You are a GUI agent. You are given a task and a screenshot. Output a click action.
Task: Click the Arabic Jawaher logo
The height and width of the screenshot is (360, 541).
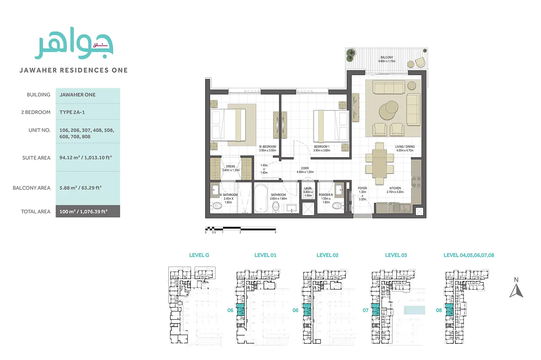74,44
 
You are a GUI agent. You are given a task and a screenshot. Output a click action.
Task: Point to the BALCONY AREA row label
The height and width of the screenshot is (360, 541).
32,188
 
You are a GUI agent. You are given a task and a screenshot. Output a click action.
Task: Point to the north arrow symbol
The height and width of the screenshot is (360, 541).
516,290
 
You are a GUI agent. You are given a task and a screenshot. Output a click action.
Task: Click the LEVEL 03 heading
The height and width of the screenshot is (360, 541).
396,255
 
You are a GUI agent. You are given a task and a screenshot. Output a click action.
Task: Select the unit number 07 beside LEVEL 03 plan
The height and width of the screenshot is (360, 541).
365,311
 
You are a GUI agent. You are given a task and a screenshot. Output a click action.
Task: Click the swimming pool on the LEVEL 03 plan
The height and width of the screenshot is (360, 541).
414,310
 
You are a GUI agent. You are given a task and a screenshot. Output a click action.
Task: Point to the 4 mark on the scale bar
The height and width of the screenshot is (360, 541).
275,232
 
